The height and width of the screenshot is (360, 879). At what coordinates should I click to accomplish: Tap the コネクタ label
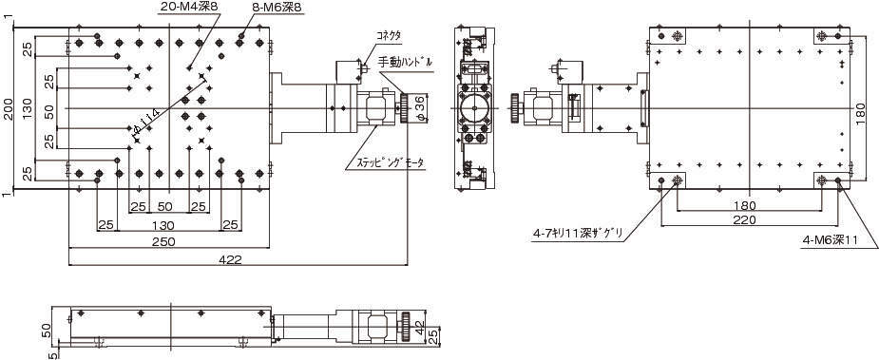(x=390, y=35)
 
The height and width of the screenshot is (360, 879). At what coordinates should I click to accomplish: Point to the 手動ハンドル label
(x=405, y=63)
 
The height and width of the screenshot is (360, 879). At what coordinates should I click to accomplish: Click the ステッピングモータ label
(x=386, y=163)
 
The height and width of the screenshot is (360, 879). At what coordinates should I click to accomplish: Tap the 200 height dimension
(x=8, y=108)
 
